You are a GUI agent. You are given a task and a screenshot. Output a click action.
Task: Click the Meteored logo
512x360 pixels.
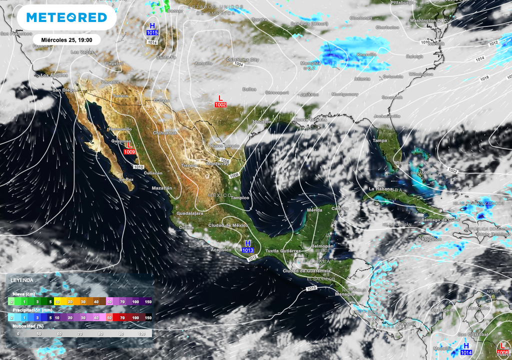(x=66, y=17)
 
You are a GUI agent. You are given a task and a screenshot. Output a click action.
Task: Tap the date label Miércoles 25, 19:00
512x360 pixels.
(x=66, y=39)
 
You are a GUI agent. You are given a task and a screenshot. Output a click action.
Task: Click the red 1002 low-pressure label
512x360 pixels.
(x=220, y=104)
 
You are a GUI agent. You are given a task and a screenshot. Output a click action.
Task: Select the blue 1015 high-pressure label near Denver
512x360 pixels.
(x=152, y=32)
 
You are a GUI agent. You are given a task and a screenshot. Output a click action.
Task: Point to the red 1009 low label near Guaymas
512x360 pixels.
(x=129, y=151)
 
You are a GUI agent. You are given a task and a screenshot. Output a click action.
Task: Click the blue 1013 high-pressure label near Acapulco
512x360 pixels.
(x=247, y=250)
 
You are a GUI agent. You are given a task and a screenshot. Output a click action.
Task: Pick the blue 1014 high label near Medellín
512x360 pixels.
(x=466, y=352)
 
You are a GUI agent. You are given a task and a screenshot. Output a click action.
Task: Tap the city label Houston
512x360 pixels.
(x=262, y=122)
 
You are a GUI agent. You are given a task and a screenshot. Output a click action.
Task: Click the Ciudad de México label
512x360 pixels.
(x=228, y=225)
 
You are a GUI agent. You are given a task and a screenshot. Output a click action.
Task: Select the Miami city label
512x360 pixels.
(x=400, y=163)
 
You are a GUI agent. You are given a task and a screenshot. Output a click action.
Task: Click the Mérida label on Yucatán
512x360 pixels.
(x=314, y=210)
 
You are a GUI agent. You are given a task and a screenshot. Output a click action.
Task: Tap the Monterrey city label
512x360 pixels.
(x=217, y=163)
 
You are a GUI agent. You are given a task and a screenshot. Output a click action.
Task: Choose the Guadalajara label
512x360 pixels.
(x=186, y=213)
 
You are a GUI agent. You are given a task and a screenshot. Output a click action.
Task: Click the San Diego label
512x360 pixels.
(x=64, y=90)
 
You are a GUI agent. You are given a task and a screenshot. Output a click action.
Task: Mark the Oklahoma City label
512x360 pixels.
(x=242, y=59)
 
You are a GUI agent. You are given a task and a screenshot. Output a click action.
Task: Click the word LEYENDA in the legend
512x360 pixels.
(x=22, y=280)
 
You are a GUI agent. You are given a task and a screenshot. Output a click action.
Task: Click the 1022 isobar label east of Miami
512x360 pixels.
(x=453, y=171)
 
